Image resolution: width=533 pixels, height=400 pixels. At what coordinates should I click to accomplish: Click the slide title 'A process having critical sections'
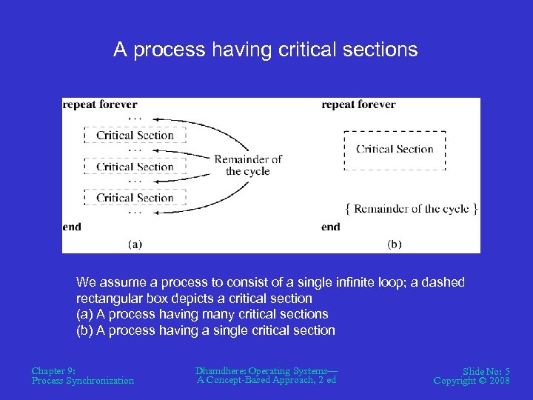pos(265,50)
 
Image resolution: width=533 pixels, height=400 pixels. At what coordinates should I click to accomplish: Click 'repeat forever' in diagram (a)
pos(100,104)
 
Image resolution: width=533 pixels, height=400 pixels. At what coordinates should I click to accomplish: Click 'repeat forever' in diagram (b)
pos(358,104)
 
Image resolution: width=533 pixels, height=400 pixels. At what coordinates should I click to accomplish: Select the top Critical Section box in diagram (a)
pos(135,136)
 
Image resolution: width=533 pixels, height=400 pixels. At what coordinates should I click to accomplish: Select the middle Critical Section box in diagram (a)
pos(135,167)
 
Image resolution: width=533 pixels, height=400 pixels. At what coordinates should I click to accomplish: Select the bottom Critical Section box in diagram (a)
pos(135,198)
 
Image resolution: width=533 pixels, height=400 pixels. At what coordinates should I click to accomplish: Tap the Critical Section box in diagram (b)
pos(395,150)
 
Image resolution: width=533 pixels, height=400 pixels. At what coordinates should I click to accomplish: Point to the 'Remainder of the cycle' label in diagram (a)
pos(248,165)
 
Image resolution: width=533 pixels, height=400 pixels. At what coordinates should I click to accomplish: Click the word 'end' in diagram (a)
pos(72,227)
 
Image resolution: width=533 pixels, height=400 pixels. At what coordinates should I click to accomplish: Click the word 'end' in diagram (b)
pos(331,227)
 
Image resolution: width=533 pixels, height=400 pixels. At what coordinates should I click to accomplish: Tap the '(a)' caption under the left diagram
pos(135,244)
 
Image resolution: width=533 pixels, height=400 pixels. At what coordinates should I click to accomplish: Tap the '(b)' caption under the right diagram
pos(395,244)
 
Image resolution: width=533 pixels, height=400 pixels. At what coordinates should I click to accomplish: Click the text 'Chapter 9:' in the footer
pos(53,370)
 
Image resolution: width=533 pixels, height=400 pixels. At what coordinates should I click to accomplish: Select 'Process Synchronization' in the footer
pos(83,381)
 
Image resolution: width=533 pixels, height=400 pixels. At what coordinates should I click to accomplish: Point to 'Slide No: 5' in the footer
pos(486,370)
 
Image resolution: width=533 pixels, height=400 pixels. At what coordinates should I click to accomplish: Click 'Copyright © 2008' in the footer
pos(472,381)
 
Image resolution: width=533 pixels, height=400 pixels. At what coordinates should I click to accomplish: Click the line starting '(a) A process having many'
pos(202,314)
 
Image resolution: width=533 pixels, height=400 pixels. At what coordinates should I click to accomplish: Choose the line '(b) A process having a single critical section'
pos(206,330)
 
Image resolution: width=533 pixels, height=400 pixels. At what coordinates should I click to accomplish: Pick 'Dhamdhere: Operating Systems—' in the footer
pos(266,370)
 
